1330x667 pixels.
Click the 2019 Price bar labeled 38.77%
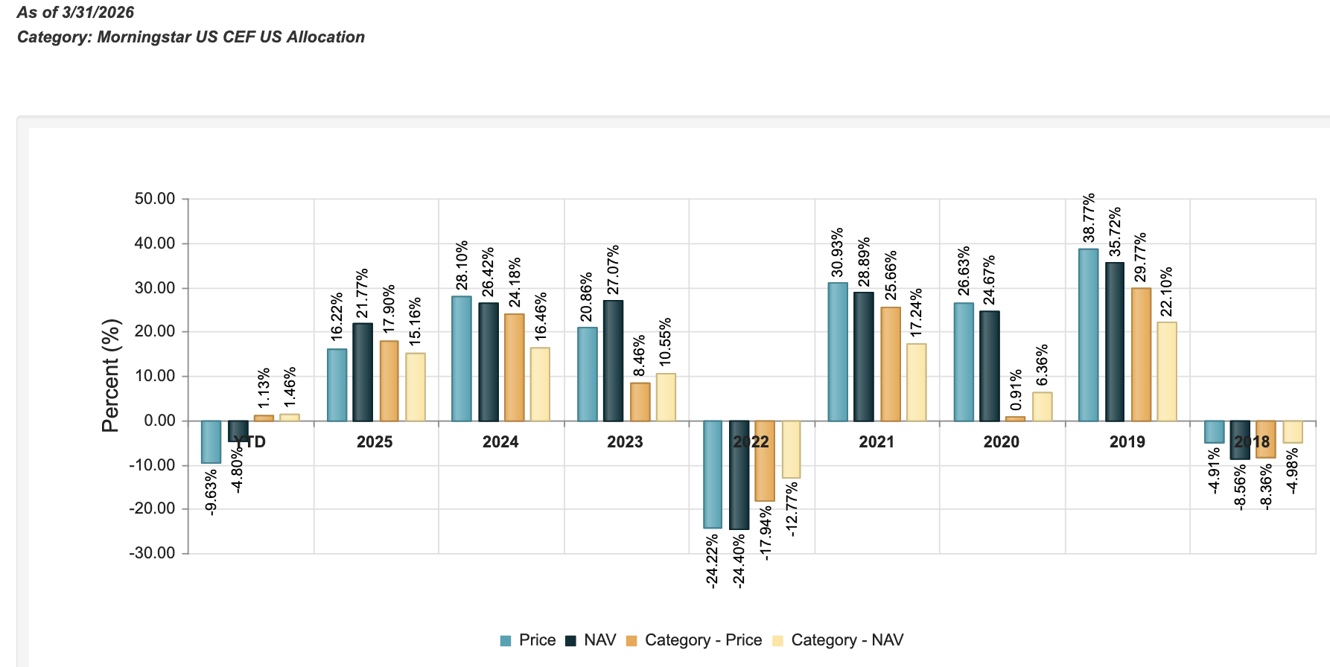pos(1088,335)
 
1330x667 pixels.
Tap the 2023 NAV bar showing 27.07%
pos(613,361)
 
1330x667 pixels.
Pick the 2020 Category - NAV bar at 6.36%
pos(1042,406)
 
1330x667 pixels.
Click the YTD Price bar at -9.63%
pos(211,442)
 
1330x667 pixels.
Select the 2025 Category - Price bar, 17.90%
pos(389,381)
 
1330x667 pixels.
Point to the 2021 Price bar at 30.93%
pos(838,352)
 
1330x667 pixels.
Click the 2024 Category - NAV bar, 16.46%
pos(540,384)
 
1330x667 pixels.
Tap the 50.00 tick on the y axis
pos(155,199)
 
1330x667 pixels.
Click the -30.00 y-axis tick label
pos(153,553)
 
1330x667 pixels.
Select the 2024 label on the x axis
pos(500,442)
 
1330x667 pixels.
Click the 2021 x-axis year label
pos(876,442)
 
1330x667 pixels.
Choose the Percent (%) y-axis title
pos(111,376)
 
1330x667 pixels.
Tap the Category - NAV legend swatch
pos(778,641)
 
